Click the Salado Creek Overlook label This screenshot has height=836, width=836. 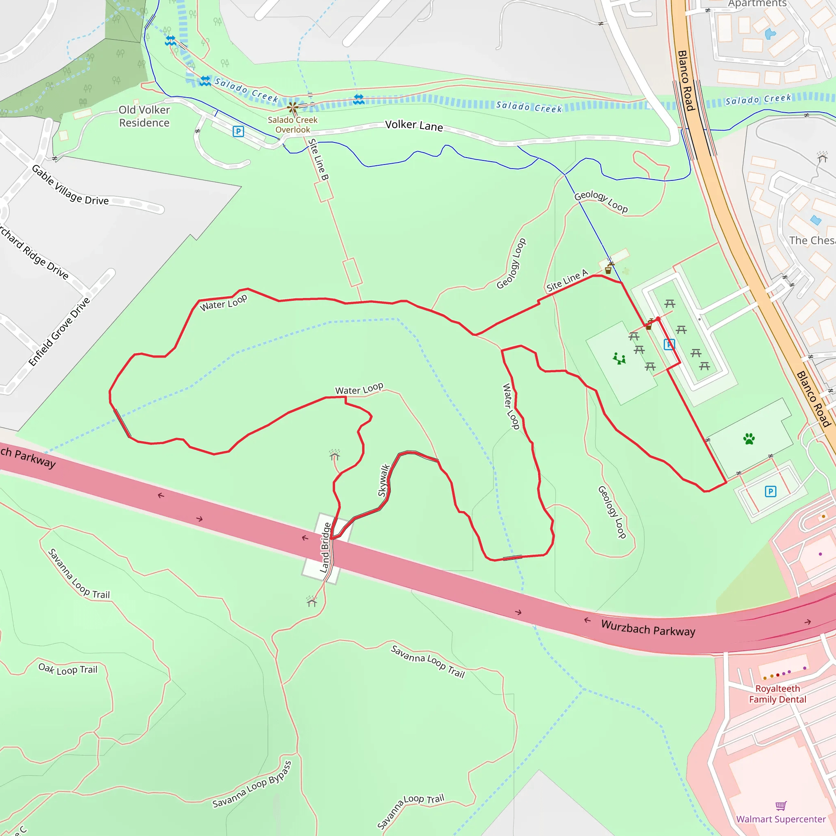click(x=293, y=125)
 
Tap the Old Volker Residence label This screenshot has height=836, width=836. click(x=144, y=116)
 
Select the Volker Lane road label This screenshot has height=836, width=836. click(x=414, y=125)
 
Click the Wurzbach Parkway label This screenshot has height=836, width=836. click(x=648, y=628)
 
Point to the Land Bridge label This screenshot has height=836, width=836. click(x=325, y=547)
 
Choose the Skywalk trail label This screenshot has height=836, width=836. click(x=384, y=480)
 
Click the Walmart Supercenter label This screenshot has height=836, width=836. click(x=780, y=819)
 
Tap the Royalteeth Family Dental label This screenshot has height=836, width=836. click(x=778, y=694)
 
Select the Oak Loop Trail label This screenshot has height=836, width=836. click(x=68, y=669)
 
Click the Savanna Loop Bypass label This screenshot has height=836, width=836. click(x=252, y=785)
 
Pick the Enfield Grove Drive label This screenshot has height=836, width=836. click(x=60, y=331)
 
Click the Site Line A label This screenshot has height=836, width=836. click(x=567, y=280)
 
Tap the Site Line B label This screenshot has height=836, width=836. click(x=318, y=159)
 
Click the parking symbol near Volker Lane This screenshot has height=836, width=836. click(x=238, y=131)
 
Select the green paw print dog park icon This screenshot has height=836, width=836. click(x=749, y=439)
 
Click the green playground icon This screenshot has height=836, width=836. click(x=619, y=358)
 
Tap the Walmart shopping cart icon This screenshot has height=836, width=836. click(x=780, y=806)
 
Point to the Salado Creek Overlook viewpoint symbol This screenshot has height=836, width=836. click(x=293, y=107)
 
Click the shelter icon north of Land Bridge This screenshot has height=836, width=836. click(x=334, y=454)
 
